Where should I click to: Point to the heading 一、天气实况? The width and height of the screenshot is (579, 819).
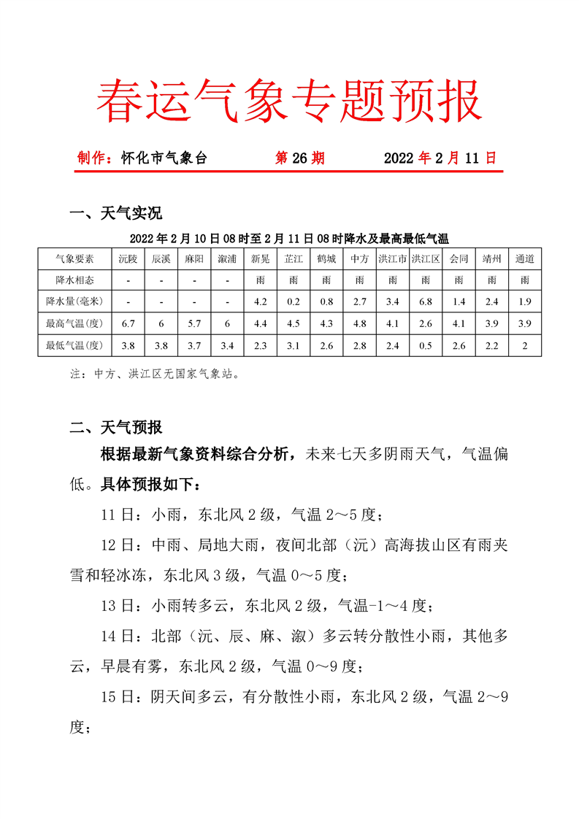click(x=115, y=213)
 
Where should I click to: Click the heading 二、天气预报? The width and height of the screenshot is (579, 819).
click(x=115, y=428)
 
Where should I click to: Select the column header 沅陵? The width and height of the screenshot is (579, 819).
click(x=128, y=258)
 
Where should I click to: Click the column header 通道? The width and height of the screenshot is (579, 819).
click(x=524, y=258)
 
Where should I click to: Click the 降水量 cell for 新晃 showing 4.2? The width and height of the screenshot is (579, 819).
click(x=260, y=301)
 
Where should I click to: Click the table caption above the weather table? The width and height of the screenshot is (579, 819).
click(x=289, y=238)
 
